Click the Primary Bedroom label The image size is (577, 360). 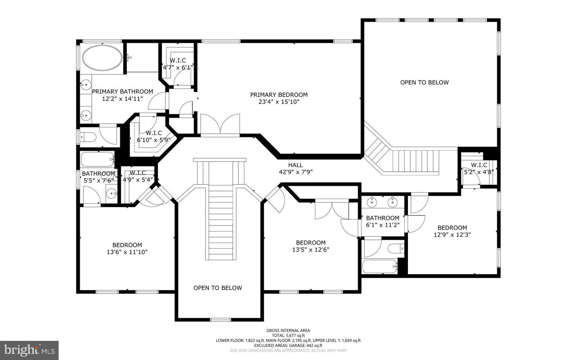(x=279, y=95)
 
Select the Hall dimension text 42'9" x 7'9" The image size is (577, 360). (x=296, y=172)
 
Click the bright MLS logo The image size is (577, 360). (x=29, y=350)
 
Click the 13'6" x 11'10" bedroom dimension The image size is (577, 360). (x=127, y=252)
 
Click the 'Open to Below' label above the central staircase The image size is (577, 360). (x=218, y=288)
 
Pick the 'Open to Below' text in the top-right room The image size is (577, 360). (x=424, y=82)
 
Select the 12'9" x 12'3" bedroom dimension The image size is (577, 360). (x=452, y=235)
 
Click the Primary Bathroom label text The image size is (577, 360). (x=123, y=92)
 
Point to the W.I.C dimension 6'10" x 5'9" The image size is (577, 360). (x=154, y=140)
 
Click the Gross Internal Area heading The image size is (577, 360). (x=288, y=330)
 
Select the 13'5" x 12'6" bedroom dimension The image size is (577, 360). (x=311, y=250)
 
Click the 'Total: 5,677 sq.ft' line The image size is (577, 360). (x=288, y=336)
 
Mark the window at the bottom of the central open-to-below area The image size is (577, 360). (x=221, y=319)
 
